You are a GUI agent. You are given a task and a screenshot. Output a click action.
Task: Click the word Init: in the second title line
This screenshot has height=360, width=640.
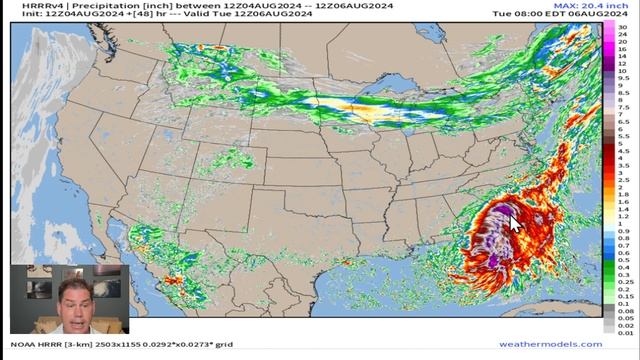pyautogui.click(x=21, y=15)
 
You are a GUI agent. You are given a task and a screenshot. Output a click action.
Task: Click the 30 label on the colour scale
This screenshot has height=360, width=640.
pyautogui.click(x=621, y=25)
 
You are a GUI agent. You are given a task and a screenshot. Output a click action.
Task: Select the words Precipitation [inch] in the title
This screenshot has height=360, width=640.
pyautogui.click(x=94, y=6)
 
